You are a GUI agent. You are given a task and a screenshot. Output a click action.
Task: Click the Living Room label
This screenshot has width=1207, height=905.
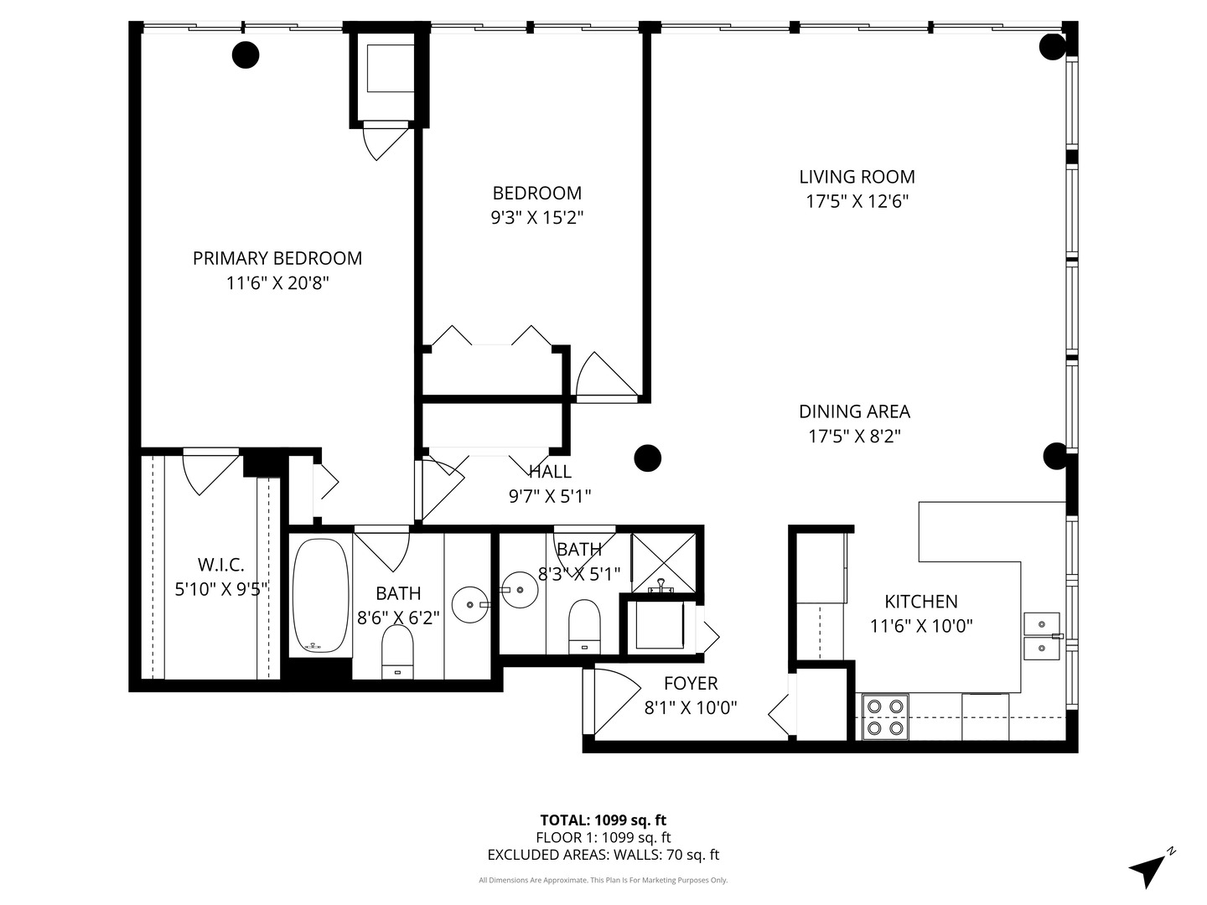(857, 177)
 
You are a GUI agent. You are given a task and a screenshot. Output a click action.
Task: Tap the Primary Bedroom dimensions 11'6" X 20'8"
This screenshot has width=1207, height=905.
(277, 283)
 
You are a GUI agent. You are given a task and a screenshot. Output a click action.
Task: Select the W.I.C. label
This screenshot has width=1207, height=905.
(220, 564)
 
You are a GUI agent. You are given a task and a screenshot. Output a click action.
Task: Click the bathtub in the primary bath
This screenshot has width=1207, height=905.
(320, 596)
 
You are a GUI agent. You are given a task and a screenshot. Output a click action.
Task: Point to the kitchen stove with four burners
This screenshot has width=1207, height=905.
(885, 717)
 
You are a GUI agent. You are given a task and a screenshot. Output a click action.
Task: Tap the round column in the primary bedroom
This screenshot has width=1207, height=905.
(246, 55)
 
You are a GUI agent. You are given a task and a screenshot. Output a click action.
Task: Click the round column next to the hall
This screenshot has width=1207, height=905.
(648, 458)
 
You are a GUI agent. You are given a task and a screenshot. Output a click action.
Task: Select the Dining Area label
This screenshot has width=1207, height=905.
(854, 411)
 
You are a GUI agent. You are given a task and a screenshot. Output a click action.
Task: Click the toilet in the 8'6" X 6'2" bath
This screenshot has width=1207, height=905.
(397, 652)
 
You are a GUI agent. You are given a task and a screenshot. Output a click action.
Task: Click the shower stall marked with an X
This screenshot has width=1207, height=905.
(664, 562)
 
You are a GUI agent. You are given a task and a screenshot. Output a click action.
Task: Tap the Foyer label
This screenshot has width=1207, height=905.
(691, 683)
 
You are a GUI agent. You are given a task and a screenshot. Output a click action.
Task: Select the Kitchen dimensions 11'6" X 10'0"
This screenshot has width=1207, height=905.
(922, 626)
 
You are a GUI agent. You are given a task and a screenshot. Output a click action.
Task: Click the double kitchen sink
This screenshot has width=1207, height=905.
(1042, 636)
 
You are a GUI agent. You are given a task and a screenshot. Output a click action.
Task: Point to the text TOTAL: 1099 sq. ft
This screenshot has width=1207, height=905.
(603, 820)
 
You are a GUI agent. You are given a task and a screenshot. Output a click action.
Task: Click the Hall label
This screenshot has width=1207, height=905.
(550, 472)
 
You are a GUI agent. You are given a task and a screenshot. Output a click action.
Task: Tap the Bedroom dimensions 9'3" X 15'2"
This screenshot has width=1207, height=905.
(536, 218)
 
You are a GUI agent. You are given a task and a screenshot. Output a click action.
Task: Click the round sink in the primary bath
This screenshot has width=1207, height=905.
(470, 604)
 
